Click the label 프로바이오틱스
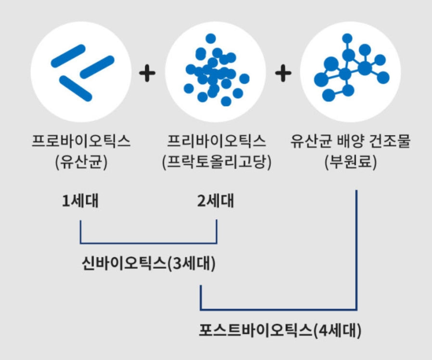click(x=81, y=141)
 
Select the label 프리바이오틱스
click(x=216, y=141)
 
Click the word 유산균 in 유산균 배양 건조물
click(x=308, y=141)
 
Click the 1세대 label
click(x=80, y=201)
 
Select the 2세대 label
click(x=216, y=201)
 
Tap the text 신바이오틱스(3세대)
click(x=148, y=263)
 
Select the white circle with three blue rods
click(x=80, y=72)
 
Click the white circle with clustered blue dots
click(x=216, y=72)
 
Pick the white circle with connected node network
click(x=350, y=72)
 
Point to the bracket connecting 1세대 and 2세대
click(x=148, y=242)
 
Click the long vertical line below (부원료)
click(x=356, y=250)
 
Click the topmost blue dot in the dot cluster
click(x=210, y=38)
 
